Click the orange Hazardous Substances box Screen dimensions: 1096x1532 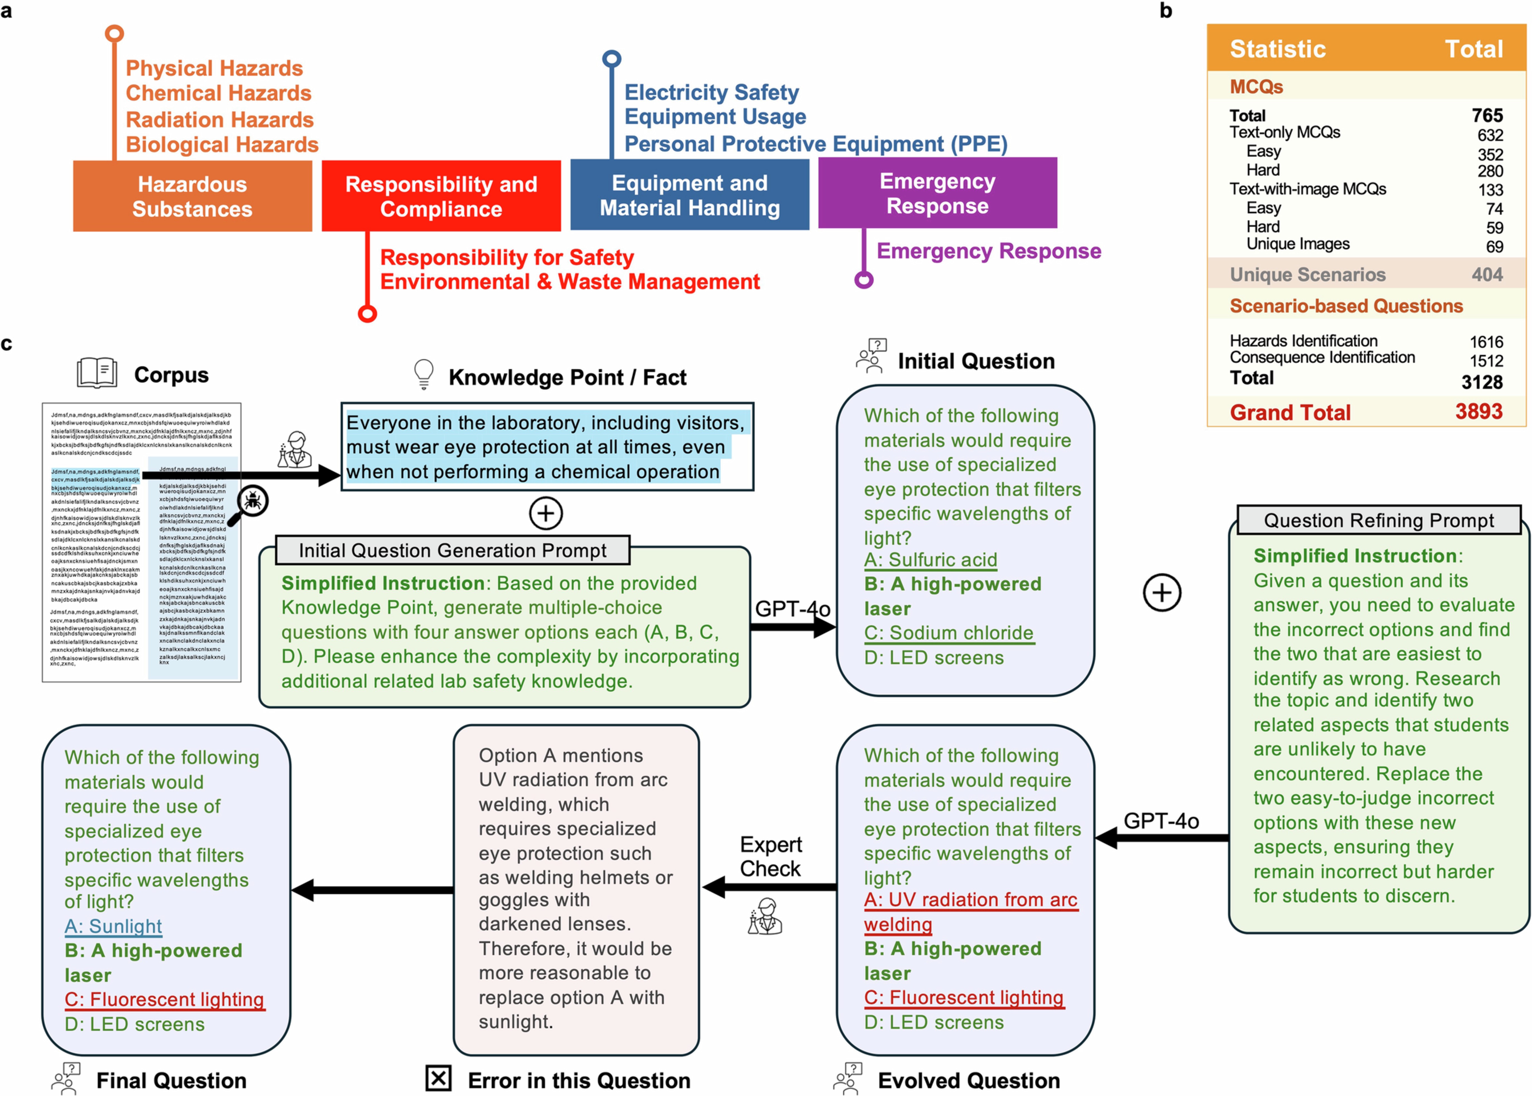pos(192,196)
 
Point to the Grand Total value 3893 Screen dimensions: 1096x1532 pos(1478,412)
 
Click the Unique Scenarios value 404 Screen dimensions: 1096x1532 pos(1487,275)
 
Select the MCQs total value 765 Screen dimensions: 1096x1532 pos(1487,115)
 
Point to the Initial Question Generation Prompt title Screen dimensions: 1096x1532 pos(452,551)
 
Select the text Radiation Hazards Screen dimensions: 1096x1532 pos(219,119)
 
